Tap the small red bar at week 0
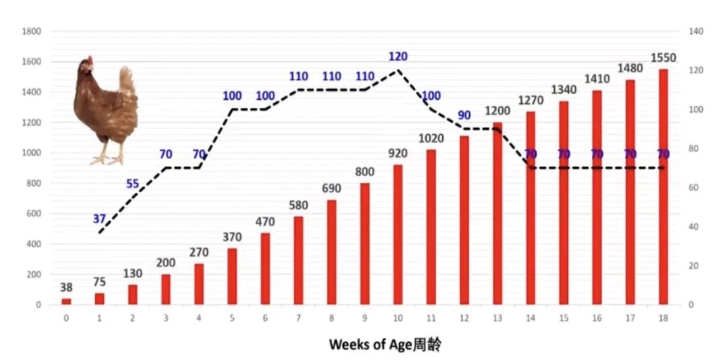66,301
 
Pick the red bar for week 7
298,260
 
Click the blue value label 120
398,57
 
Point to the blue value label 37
100,218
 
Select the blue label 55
133,183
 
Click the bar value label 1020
431,138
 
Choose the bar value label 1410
597,79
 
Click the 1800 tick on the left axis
32,31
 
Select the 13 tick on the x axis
497,318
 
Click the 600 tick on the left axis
34,214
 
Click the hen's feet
108,159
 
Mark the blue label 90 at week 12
464,115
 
